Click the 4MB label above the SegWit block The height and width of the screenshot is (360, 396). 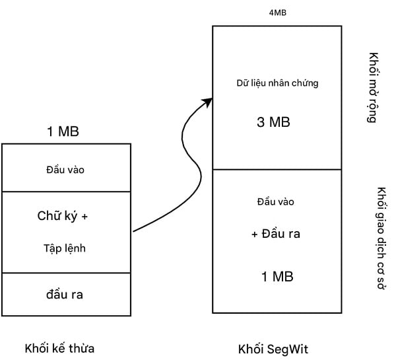point(278,12)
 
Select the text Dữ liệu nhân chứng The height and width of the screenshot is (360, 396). point(277,83)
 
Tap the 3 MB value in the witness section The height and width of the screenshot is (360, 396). point(273,122)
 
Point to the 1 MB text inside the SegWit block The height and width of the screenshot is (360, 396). point(277,275)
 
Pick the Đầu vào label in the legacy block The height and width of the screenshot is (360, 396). point(65,170)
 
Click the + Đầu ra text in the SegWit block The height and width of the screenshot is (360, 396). point(277,235)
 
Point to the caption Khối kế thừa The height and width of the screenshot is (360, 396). point(64,348)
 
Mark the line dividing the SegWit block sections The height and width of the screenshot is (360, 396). point(277,169)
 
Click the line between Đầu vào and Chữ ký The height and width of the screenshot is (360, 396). point(66,192)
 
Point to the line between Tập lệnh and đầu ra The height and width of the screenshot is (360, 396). point(66,273)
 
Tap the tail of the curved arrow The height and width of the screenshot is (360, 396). point(135,231)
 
